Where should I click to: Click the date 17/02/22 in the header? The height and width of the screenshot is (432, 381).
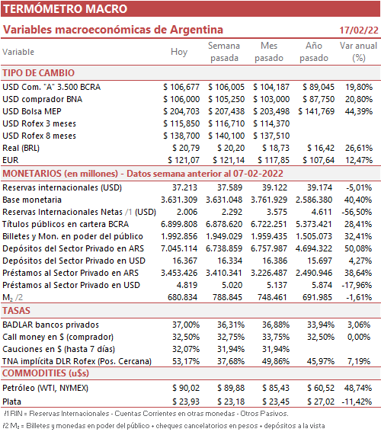tap(359, 30)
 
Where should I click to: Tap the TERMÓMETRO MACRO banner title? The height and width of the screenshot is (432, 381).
tap(66, 9)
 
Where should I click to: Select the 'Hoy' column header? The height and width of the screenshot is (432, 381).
tap(179, 52)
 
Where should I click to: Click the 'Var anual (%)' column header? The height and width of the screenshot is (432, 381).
tap(358, 52)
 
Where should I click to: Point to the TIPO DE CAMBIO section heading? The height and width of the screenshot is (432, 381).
tap(39, 73)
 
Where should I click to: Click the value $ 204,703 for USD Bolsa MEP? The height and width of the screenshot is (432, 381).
tap(181, 111)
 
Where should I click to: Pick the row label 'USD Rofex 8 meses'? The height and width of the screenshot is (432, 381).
tap(39, 136)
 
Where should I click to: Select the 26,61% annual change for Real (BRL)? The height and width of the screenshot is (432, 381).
tap(359, 148)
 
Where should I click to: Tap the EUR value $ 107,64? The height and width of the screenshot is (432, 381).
tap(319, 160)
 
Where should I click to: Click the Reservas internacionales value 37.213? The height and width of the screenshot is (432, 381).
tap(185, 187)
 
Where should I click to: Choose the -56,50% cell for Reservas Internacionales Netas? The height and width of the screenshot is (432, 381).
tap(357, 212)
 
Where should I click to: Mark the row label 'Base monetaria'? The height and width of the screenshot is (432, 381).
tap(32, 200)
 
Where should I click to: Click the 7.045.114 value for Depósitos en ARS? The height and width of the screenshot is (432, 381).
tap(179, 248)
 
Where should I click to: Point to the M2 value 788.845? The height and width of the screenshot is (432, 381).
tap(227, 297)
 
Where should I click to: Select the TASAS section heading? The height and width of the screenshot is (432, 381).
tap(16, 311)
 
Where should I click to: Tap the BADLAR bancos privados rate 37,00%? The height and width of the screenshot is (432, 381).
tap(186, 325)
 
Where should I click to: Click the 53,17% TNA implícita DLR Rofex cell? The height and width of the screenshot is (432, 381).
tap(186, 361)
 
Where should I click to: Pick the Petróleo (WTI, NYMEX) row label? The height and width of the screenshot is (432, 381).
tap(46, 388)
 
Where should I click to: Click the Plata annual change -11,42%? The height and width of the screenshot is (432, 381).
tap(357, 402)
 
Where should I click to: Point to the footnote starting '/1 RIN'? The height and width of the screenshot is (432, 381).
tap(146, 414)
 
